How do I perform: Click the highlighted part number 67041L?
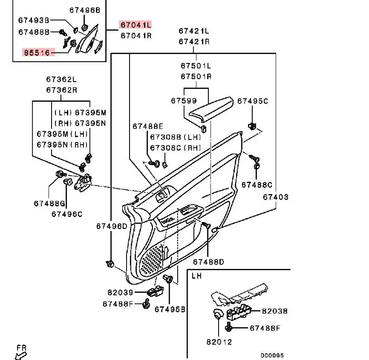click(135, 25)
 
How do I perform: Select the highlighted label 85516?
click(38, 52)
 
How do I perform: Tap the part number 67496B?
click(85, 10)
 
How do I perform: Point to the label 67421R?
click(194, 41)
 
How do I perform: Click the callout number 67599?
click(184, 101)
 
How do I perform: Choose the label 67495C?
click(253, 101)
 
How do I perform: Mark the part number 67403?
click(275, 197)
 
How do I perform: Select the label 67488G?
click(49, 203)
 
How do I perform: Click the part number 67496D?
click(111, 226)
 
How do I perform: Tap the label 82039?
click(121, 292)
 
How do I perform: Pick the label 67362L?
click(62, 80)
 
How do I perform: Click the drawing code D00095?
click(272, 355)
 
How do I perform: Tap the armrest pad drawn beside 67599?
click(211, 109)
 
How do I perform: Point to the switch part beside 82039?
click(155, 292)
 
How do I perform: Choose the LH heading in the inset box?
click(196, 276)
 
